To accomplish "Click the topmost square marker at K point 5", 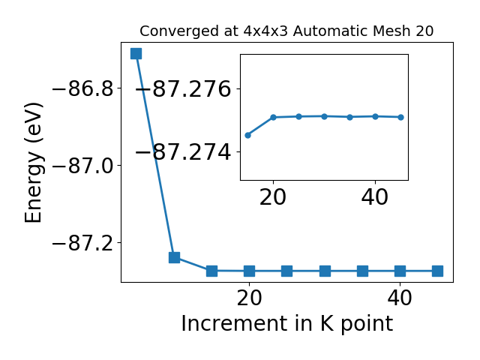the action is pos(136,53).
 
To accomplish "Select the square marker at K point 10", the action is pos(174,257).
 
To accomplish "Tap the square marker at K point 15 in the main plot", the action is pos(211,271).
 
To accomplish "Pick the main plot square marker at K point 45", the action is pos(437,271).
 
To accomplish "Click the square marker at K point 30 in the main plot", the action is pos(325,271).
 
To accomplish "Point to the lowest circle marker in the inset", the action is pos(248,135).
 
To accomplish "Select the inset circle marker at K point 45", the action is pos(400,117).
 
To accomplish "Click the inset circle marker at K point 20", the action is pos(273,117).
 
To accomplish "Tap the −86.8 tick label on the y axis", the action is pos(82,88).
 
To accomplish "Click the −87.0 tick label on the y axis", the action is pos(82,166).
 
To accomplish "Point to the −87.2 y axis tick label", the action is pos(82,243).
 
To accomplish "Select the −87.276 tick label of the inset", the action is pos(183,89).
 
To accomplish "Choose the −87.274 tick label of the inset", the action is pos(183,152).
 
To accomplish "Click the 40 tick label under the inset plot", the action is pos(375,196).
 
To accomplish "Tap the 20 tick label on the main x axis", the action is pos(249,298).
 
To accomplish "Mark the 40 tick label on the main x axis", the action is pos(400,298).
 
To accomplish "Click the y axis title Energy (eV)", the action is pos(33,162).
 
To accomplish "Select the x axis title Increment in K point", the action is pos(287,324).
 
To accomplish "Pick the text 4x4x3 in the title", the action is pos(265,31).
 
